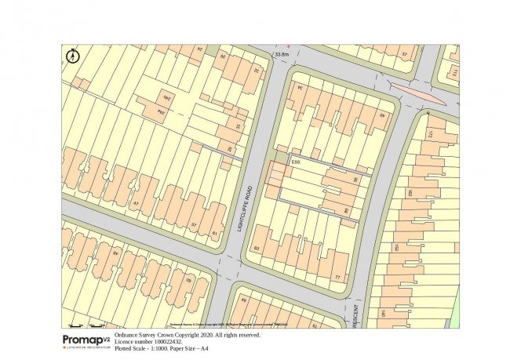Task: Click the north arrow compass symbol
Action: (x=73, y=55)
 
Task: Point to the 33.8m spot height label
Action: (x=282, y=54)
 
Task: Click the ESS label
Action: (x=296, y=162)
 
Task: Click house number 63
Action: (x=256, y=249)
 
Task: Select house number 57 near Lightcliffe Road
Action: (x=194, y=225)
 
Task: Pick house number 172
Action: (x=429, y=135)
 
